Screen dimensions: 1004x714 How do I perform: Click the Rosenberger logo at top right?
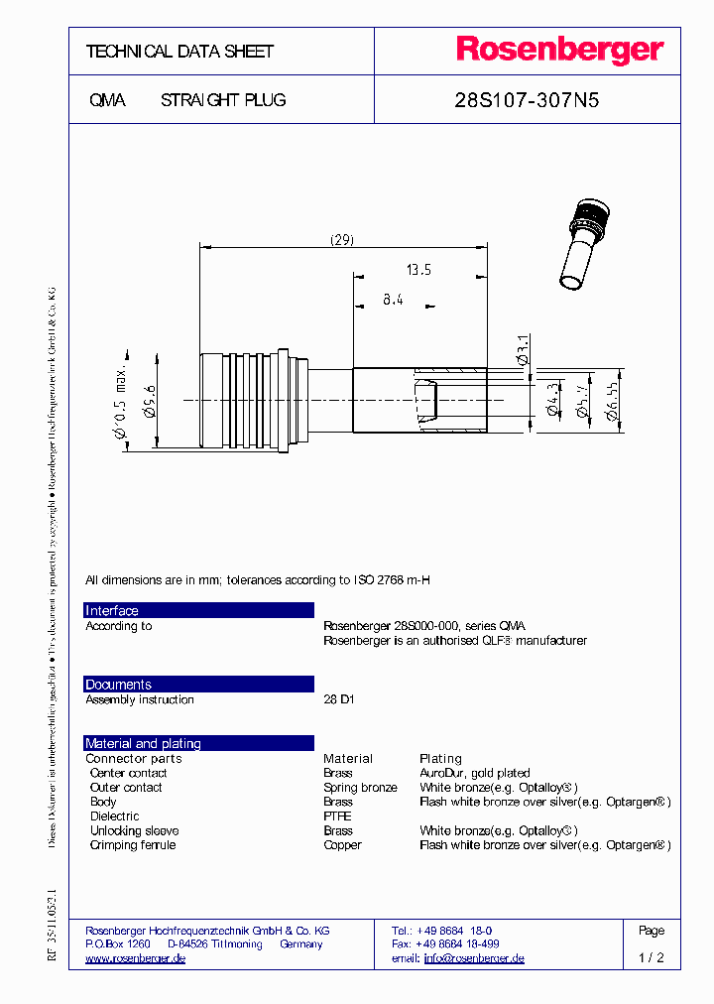pos(559,51)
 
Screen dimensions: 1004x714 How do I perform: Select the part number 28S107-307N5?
pos(526,100)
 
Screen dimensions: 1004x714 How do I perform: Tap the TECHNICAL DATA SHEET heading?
pos(179,52)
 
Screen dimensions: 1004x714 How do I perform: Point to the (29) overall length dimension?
pos(341,239)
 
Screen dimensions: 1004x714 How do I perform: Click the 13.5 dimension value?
pos(418,269)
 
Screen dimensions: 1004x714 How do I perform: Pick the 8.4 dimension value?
pos(393,299)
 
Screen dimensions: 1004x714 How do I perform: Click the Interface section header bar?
pos(198,610)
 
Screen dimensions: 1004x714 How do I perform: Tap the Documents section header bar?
pos(198,685)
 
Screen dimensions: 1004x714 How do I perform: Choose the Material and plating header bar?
pos(198,743)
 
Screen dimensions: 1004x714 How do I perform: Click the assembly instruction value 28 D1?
pos(338,699)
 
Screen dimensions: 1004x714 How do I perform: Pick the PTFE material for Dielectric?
pos(337,816)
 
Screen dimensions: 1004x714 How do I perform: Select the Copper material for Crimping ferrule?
pos(342,845)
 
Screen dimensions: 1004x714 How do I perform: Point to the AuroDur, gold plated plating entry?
pos(474,773)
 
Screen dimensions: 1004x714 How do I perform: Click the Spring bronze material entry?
pos(360,788)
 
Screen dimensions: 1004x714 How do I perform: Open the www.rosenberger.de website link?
pos(135,958)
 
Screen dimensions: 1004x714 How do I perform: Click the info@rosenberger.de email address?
pos(474,958)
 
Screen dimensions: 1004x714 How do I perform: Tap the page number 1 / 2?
pos(651,958)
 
